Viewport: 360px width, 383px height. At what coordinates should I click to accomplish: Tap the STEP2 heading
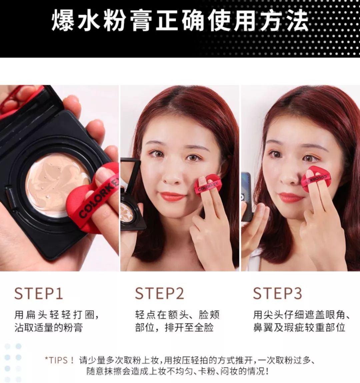(159, 293)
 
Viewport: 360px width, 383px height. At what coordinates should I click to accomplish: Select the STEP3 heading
(277, 293)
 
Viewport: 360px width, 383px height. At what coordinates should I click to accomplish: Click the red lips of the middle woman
(172, 196)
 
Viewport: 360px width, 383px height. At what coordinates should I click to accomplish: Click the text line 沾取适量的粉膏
(48, 327)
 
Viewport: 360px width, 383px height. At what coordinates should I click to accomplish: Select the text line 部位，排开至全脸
(174, 327)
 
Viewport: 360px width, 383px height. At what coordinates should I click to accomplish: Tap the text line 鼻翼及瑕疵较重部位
(299, 327)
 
